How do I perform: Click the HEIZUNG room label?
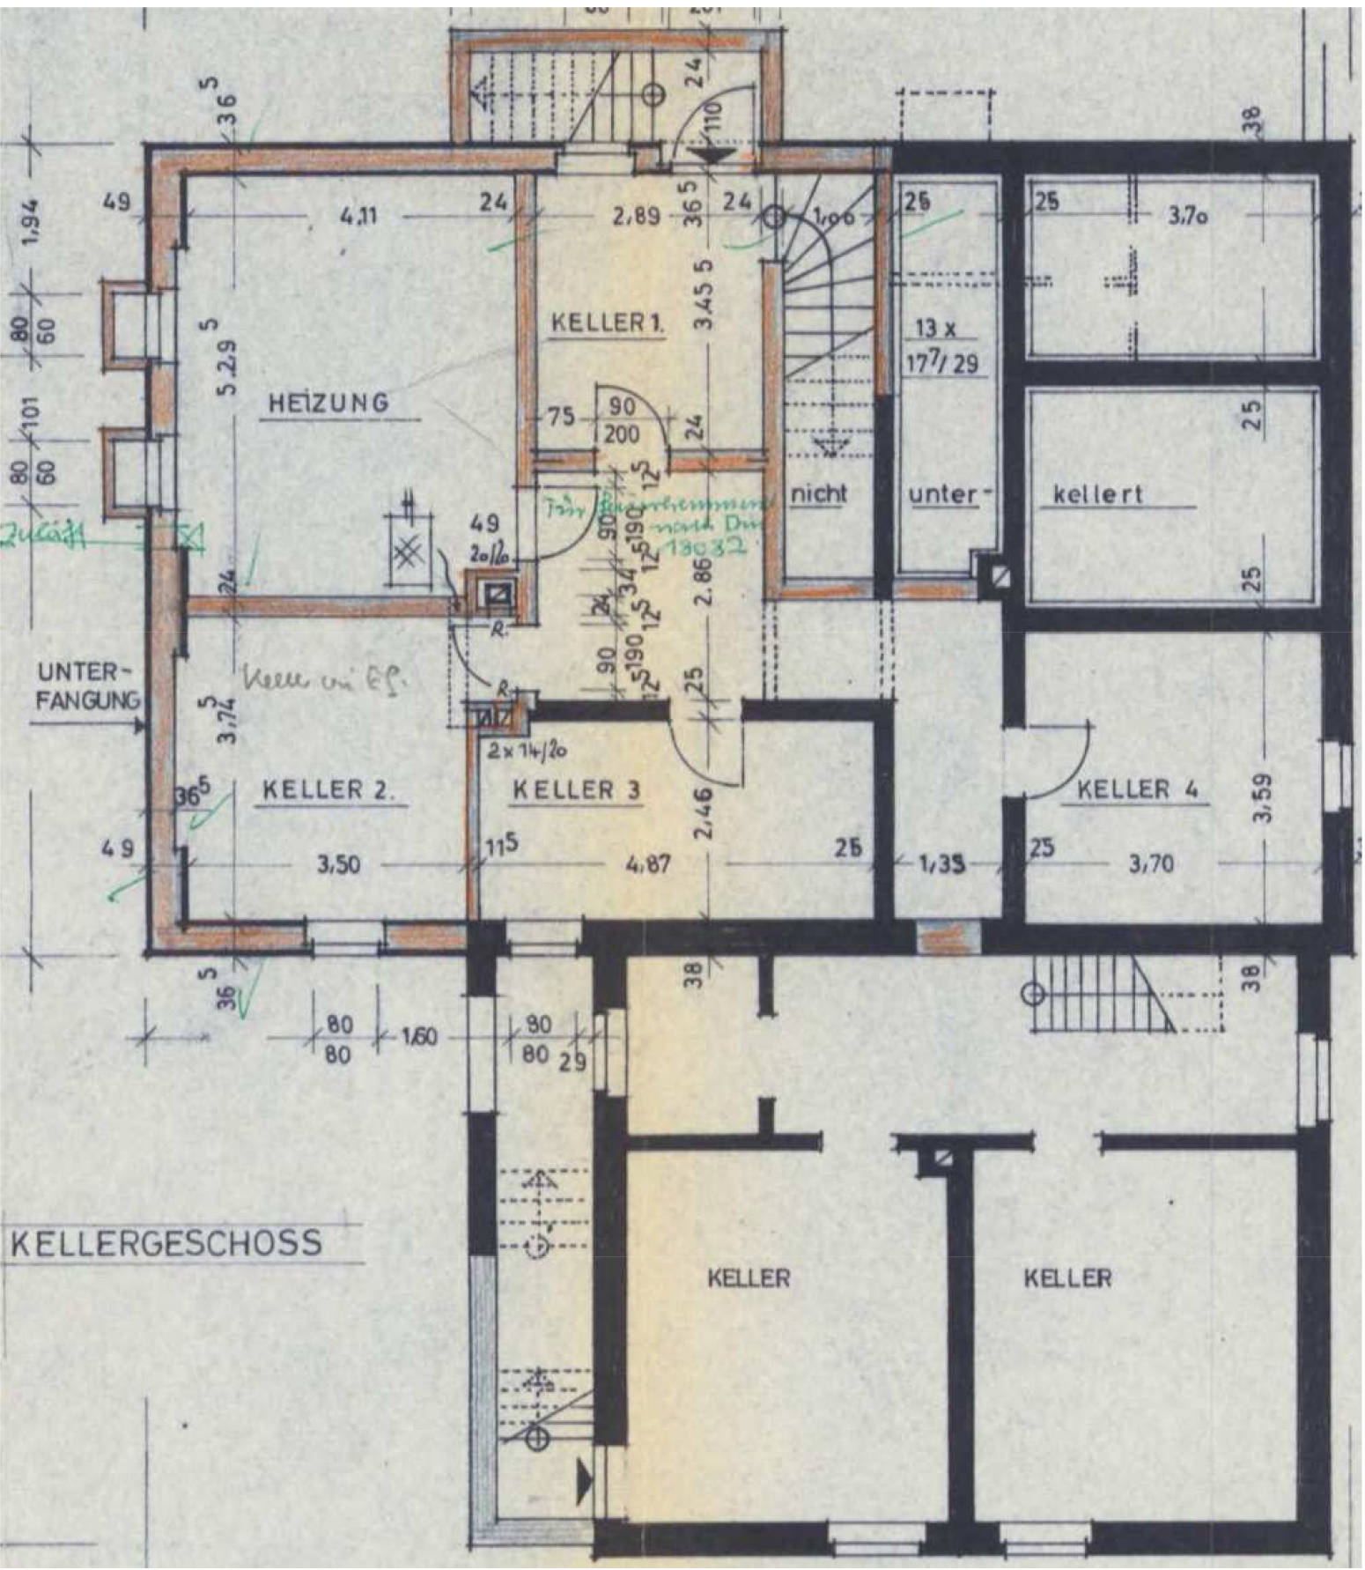tap(328, 404)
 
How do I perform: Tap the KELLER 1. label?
tap(607, 323)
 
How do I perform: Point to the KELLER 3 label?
tap(576, 789)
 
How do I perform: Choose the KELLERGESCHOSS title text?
tap(166, 1243)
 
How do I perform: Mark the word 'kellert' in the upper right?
tap(1097, 494)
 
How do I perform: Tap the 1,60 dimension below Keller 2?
tap(419, 1037)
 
